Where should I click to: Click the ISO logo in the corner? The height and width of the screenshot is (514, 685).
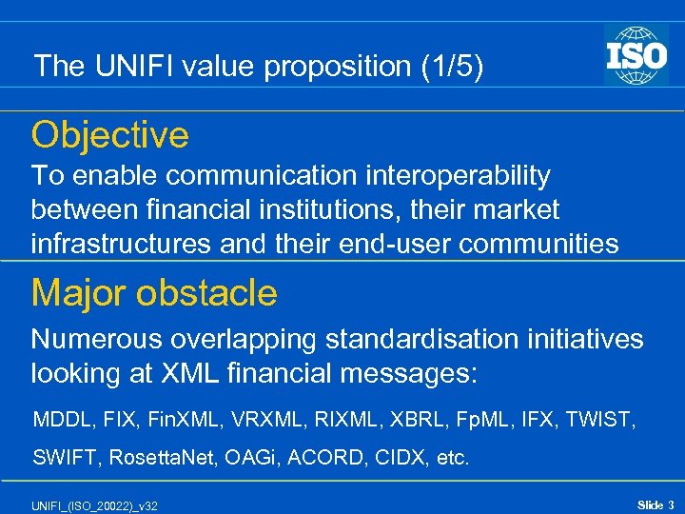pos(636,54)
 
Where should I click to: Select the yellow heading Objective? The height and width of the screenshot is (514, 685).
pos(110,136)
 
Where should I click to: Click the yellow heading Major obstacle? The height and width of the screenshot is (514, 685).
pos(154,293)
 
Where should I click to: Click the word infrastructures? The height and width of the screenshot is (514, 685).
pos(122,244)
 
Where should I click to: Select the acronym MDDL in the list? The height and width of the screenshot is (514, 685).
pos(59,420)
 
